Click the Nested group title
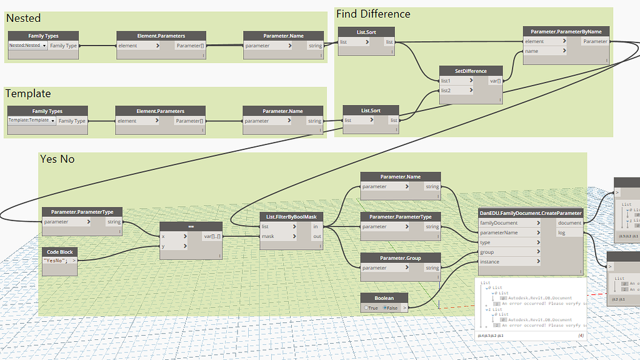23,19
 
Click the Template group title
28,94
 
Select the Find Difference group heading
373,14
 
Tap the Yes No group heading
57,159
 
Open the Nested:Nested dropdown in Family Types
27,46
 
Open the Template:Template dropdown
32,121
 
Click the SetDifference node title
471,71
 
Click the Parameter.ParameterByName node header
566,31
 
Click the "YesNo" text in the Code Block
56,260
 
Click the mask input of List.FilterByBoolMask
278,236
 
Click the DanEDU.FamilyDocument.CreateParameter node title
531,212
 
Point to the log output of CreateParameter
569,232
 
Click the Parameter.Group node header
400,257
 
